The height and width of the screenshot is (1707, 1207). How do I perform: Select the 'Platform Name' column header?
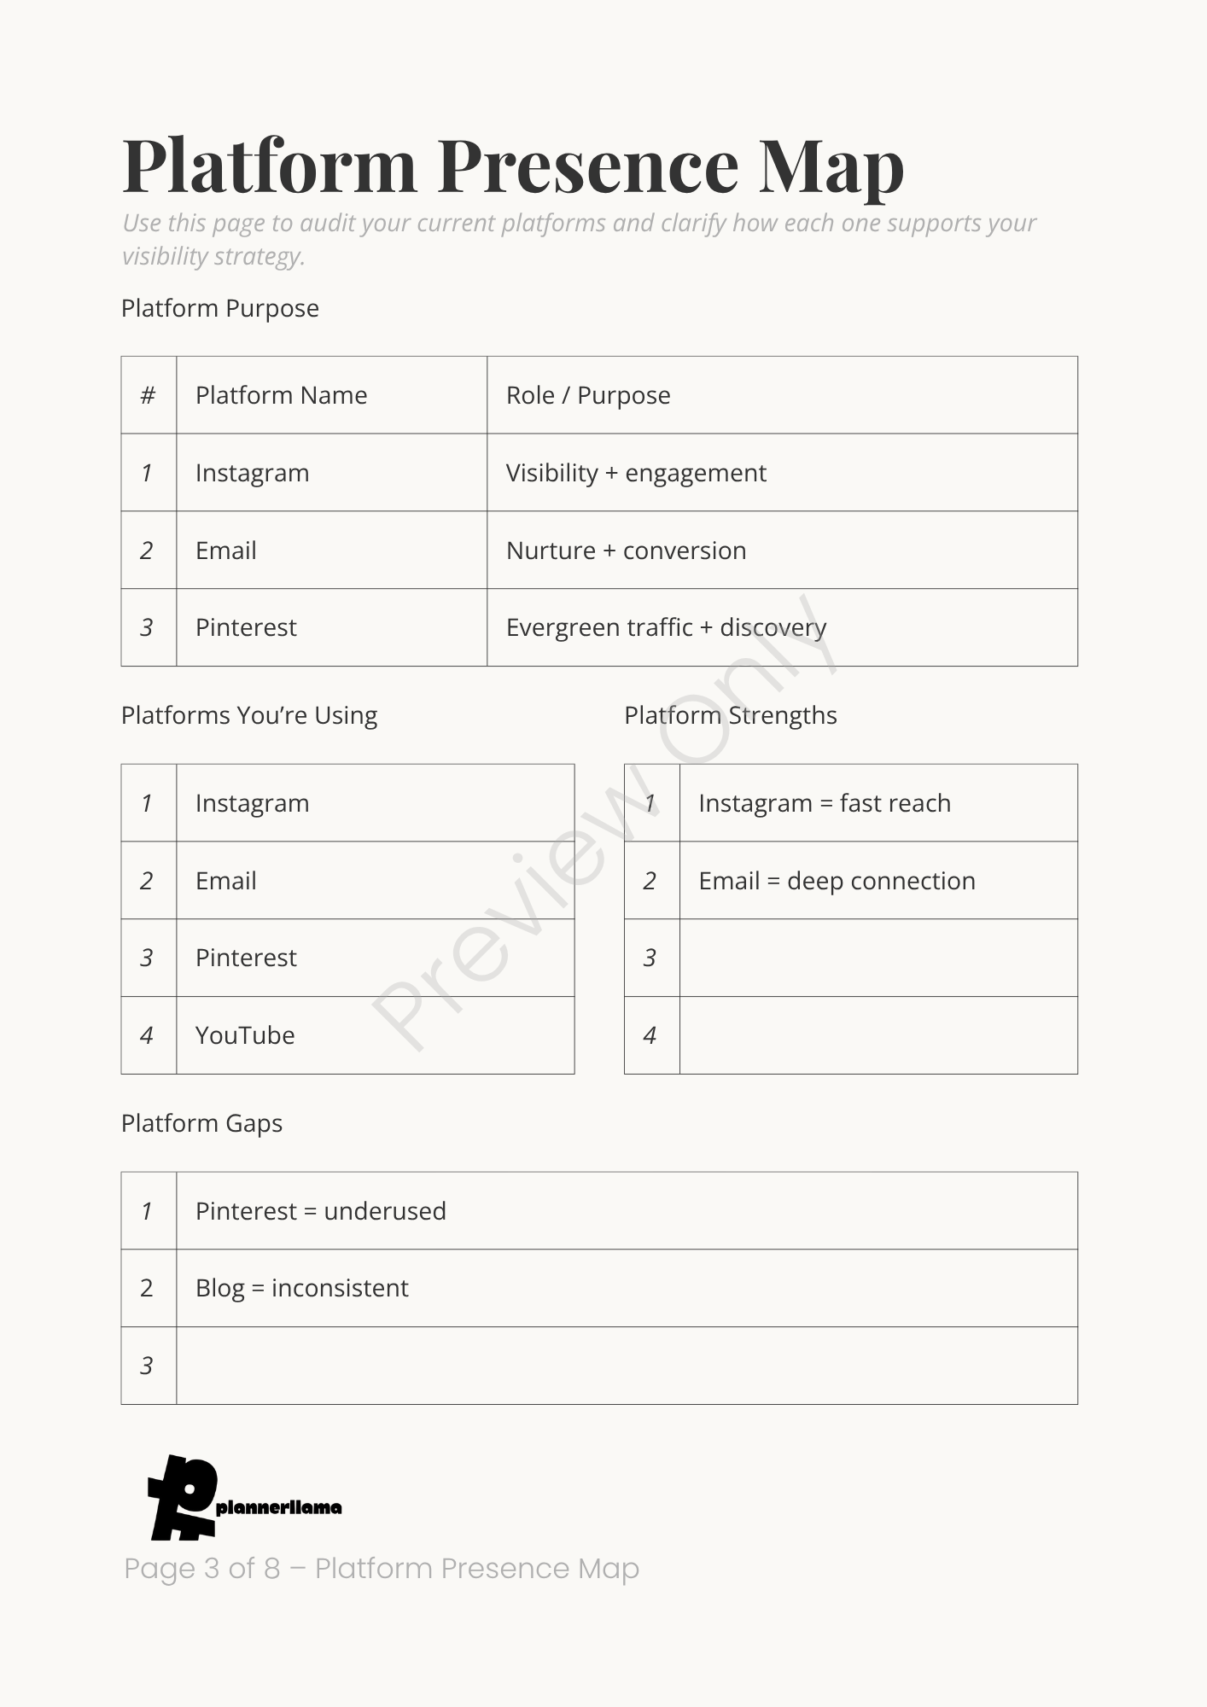coord(281,395)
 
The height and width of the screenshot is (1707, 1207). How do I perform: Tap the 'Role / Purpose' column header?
coord(588,395)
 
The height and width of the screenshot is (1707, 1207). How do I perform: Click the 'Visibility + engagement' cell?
coord(636,473)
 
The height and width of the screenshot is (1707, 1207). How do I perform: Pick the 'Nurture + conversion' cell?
coord(626,551)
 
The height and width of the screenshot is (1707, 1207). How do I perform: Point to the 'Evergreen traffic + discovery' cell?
coord(666,627)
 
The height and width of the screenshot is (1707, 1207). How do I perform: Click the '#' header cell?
coord(148,395)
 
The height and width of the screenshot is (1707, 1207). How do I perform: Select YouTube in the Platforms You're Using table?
coord(245,1035)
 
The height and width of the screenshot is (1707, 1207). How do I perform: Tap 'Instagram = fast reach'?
coord(824,803)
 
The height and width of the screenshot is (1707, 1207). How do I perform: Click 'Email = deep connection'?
coord(837,881)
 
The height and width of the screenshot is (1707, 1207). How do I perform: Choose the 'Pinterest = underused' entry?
coord(320,1211)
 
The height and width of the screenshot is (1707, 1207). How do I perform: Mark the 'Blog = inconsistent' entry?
coord(301,1288)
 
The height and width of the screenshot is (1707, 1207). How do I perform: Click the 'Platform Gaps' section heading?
coord(201,1123)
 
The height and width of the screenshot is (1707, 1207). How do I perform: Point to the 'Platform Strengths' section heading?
coord(730,715)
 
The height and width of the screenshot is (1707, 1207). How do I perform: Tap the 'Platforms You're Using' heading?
coord(248,715)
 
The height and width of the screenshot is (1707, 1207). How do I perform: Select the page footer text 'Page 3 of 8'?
coord(202,1568)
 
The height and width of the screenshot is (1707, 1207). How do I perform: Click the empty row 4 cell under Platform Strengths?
coord(878,1035)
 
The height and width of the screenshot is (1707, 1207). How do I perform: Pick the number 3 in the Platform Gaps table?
coord(147,1366)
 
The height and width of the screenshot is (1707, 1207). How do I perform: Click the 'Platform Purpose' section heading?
coord(219,308)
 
